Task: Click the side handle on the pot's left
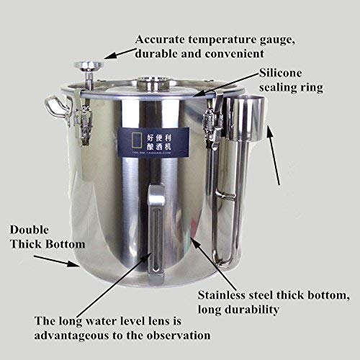55,106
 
